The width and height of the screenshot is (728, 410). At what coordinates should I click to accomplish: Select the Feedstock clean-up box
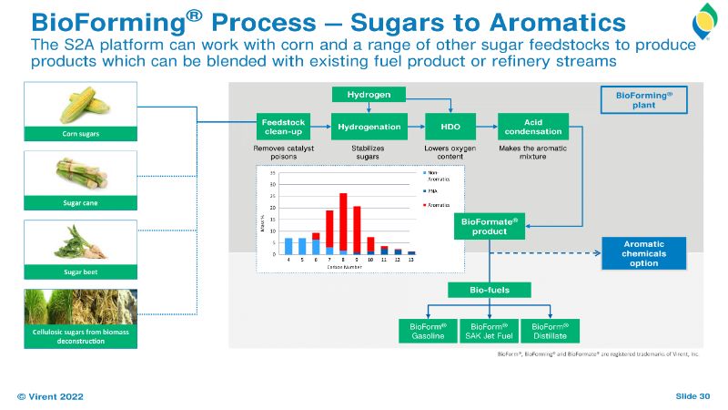(283, 126)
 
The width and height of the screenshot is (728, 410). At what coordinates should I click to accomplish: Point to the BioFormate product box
(490, 226)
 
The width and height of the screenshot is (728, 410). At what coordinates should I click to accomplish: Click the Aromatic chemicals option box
(644, 252)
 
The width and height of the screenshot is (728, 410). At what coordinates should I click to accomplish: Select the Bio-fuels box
(490, 291)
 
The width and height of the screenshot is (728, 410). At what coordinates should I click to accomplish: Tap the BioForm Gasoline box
(428, 331)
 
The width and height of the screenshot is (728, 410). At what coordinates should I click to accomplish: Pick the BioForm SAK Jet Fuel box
(490, 331)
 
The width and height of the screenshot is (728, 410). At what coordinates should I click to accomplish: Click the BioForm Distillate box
(551, 331)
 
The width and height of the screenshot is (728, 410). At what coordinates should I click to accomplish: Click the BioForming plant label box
(644, 99)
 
